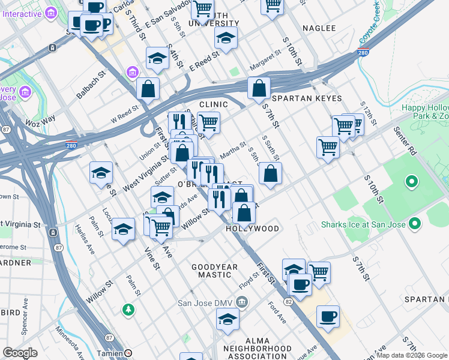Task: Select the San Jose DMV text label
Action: click(x=204, y=302)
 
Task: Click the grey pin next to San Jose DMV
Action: click(x=242, y=301)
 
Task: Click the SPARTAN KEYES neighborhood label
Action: click(x=307, y=98)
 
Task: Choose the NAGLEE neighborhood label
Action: click(x=319, y=28)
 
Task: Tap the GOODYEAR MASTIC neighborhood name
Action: click(x=214, y=271)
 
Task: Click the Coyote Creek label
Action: click(x=369, y=25)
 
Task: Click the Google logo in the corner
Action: click(x=20, y=353)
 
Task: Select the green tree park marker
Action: click(x=128, y=310)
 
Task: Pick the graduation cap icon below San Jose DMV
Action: click(x=228, y=322)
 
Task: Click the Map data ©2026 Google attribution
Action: click(x=412, y=355)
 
